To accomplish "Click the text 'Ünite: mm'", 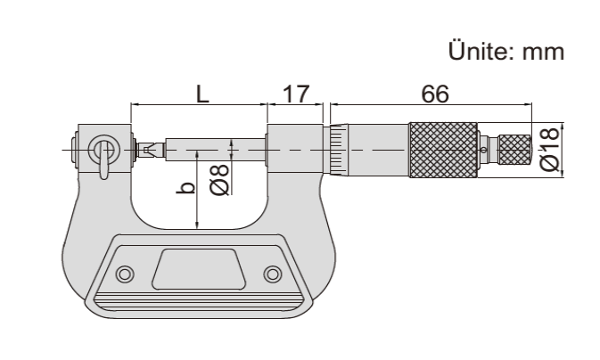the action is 505,52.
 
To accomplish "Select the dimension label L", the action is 202,94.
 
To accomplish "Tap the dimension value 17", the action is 295,94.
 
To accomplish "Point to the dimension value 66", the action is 435,94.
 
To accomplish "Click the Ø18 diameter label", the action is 550,149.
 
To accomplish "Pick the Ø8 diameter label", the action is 219,180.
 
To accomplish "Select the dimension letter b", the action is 186,188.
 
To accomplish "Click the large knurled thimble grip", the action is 443,150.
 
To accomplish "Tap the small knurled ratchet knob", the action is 515,150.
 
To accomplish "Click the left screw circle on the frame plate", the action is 125,274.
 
